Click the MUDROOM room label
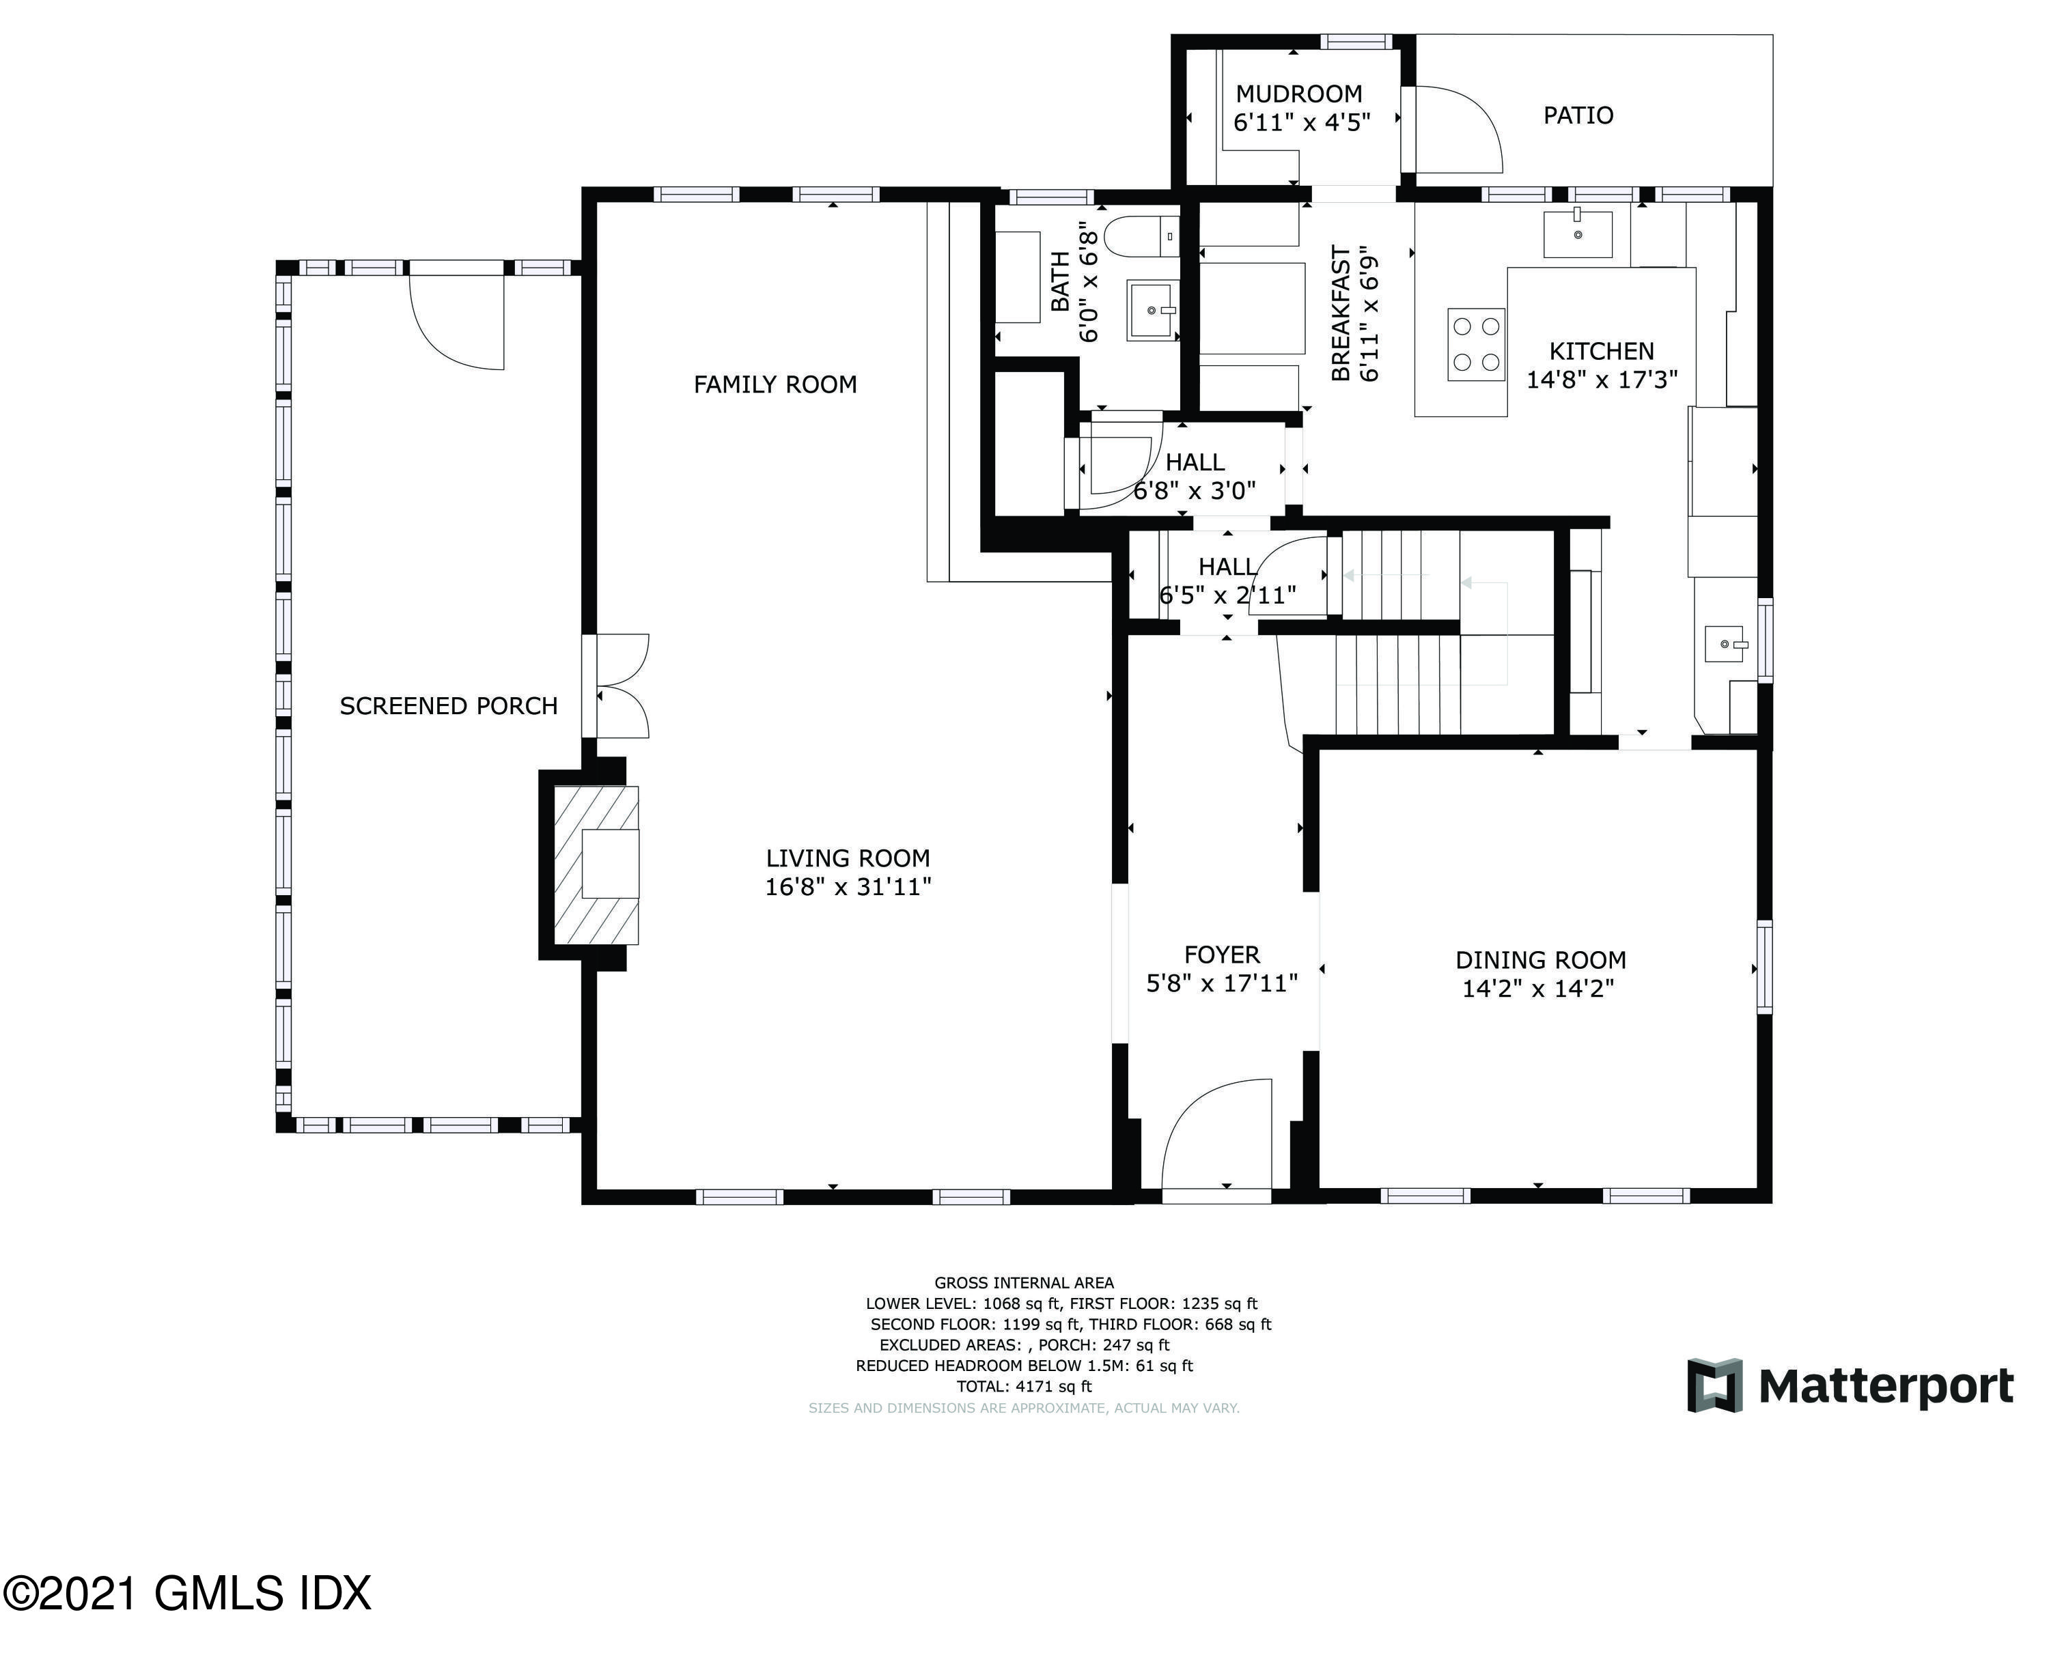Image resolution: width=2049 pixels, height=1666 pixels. coord(1298,94)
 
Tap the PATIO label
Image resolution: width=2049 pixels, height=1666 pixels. coord(1578,115)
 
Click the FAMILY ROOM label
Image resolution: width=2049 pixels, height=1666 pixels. coord(775,385)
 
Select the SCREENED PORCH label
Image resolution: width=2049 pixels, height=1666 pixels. coord(448,706)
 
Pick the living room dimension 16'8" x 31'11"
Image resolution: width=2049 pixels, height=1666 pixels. coord(848,887)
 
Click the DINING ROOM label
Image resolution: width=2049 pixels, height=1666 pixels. coord(1540,960)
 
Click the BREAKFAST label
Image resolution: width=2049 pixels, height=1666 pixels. coord(1341,314)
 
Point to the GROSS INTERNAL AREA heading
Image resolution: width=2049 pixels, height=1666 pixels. coord(1024,1283)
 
